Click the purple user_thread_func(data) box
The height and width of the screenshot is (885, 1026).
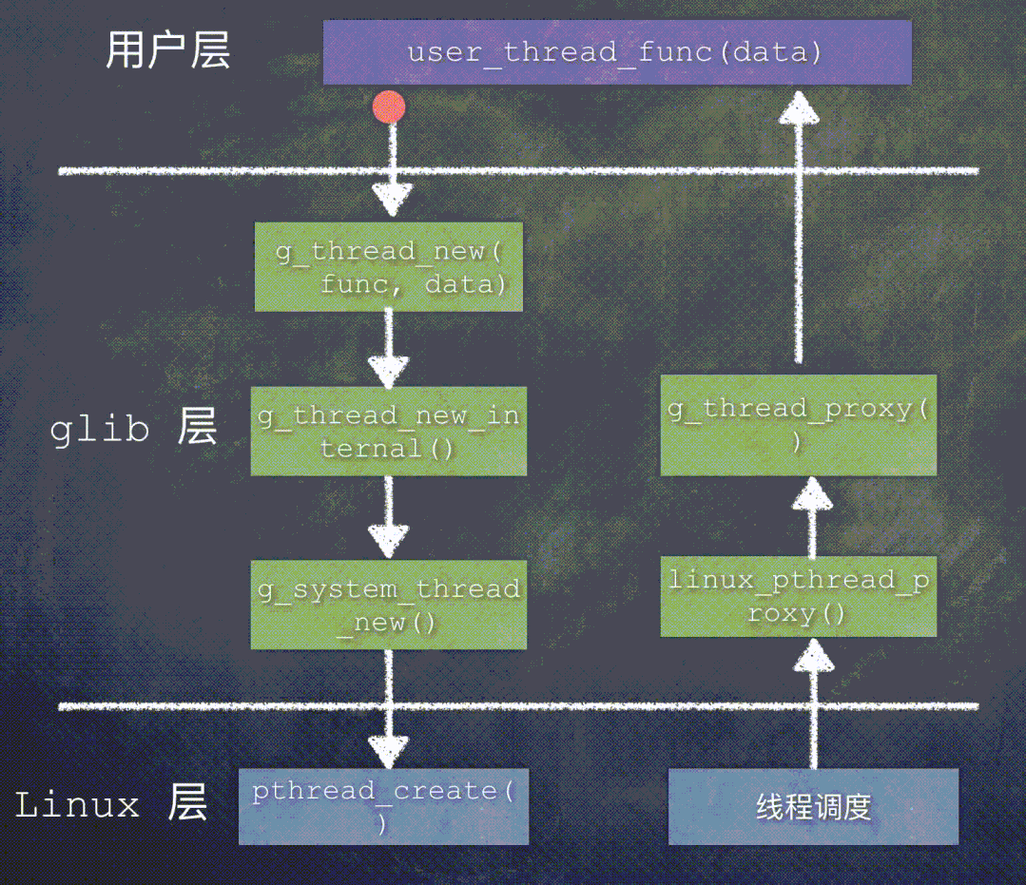pyautogui.click(x=617, y=52)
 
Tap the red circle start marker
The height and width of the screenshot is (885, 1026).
pyautogui.click(x=389, y=107)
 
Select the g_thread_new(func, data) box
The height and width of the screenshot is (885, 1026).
pyautogui.click(x=389, y=267)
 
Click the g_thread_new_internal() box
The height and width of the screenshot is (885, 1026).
pyautogui.click(x=389, y=431)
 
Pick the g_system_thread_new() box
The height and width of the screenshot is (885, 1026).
pyautogui.click(x=389, y=605)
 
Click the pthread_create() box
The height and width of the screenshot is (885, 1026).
pyautogui.click(x=383, y=806)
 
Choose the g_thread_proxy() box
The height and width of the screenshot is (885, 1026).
pyautogui.click(x=799, y=424)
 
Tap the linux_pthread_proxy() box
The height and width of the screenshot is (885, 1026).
pyautogui.click(x=799, y=596)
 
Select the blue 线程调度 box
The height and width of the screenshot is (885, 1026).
pyautogui.click(x=813, y=807)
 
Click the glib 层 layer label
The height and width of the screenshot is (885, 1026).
pyautogui.click(x=133, y=429)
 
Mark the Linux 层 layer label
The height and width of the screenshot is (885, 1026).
pyautogui.click(x=111, y=805)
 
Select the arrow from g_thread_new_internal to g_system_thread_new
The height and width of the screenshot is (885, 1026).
pyautogui.click(x=389, y=518)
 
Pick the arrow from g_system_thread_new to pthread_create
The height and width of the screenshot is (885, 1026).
pyautogui.click(x=389, y=708)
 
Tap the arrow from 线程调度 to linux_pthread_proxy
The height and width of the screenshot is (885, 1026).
pyautogui.click(x=812, y=703)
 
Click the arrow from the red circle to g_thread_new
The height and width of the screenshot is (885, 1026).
pyautogui.click(x=391, y=171)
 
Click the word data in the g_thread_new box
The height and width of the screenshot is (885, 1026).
pyautogui.click(x=465, y=283)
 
